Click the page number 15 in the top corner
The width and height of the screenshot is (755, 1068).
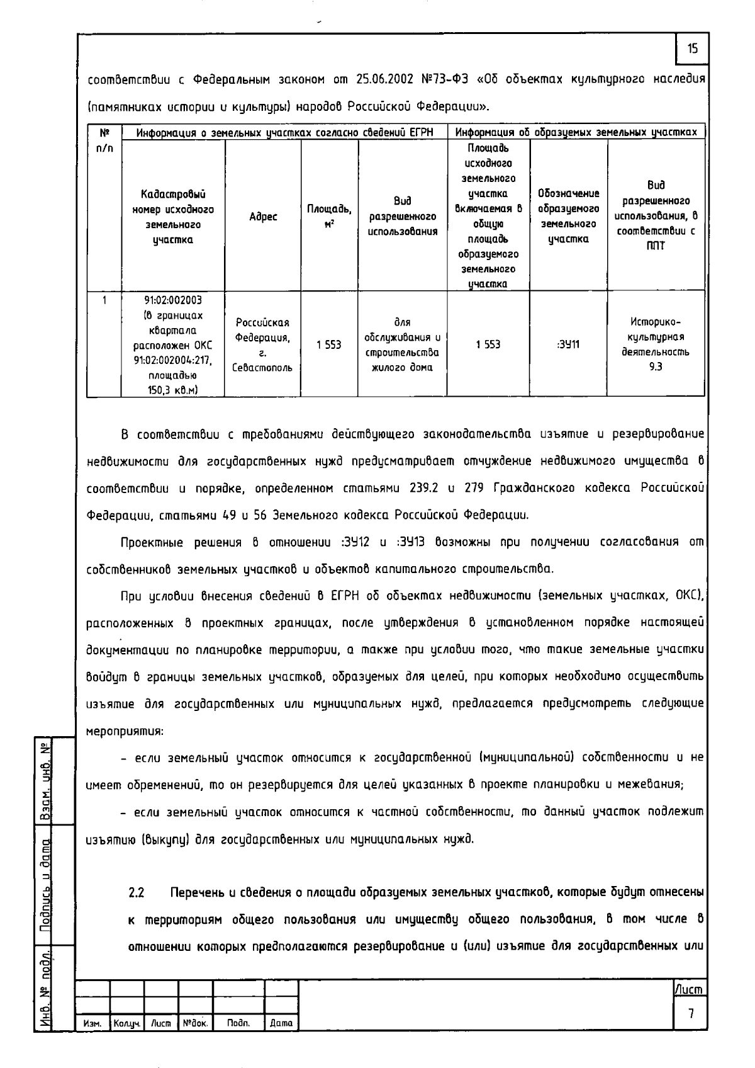tap(692, 49)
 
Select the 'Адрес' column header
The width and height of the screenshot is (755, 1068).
tap(263, 217)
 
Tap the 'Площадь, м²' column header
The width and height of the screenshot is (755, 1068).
tap(329, 216)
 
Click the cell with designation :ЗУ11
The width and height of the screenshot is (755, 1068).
tap(569, 344)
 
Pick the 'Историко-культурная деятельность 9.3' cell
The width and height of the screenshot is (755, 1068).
tap(656, 344)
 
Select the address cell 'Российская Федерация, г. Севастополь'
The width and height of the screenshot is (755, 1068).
tap(263, 344)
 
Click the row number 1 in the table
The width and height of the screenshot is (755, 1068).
tap(104, 300)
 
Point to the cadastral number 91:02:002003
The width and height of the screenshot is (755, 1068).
tap(173, 300)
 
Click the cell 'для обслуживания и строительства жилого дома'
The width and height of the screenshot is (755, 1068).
tap(402, 344)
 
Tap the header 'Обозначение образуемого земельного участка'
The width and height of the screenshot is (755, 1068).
tap(569, 216)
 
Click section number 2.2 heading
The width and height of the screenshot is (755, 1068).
tap(137, 893)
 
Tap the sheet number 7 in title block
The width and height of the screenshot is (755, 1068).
tap(691, 1014)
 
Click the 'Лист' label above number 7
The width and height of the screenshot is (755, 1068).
tap(690, 990)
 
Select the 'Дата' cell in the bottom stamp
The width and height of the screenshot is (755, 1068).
tap(281, 1024)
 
